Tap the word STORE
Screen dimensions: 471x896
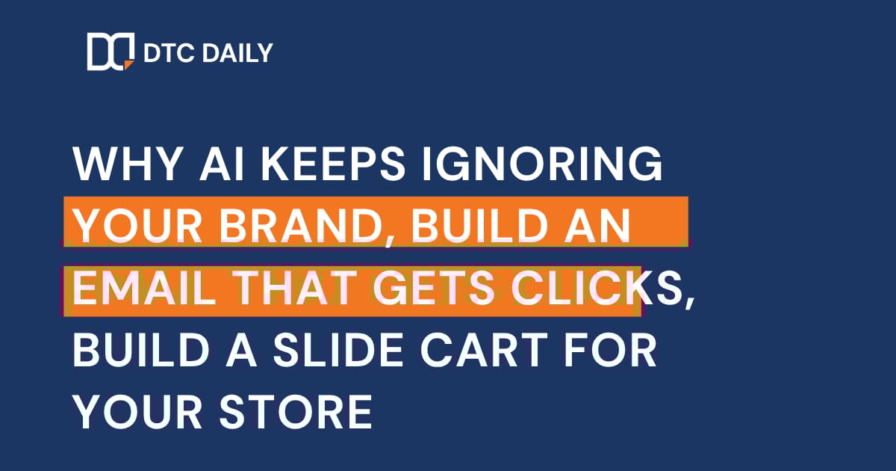tap(299, 411)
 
